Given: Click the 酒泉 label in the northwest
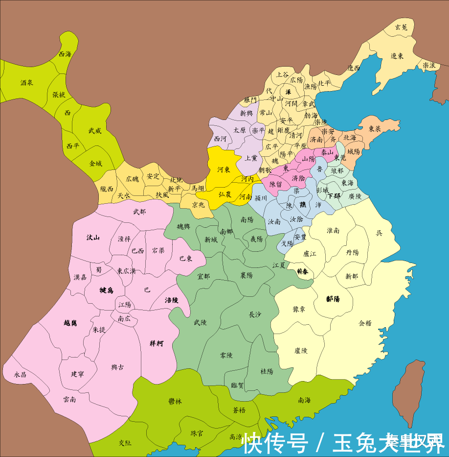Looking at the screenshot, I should pos(27,83).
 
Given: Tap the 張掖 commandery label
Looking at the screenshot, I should pos(59,95).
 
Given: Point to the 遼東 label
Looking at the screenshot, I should pos(397,56).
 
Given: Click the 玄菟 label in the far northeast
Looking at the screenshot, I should pos(401,28).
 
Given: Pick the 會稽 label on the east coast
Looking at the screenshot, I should pos(365,323).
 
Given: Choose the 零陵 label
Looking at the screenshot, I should pos(226,355).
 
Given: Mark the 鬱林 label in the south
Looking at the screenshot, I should pos(175,402).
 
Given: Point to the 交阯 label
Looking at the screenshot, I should pos(125,442).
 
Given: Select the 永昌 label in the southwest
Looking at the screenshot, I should pos(20,375).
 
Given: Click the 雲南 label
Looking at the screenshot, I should pos(69,400).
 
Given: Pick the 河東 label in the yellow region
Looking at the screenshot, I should pos(224,169).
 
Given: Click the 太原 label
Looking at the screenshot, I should pos(239,130).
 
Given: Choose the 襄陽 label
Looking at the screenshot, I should pos(246,276).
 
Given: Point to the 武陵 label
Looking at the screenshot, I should pos(201,322).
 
